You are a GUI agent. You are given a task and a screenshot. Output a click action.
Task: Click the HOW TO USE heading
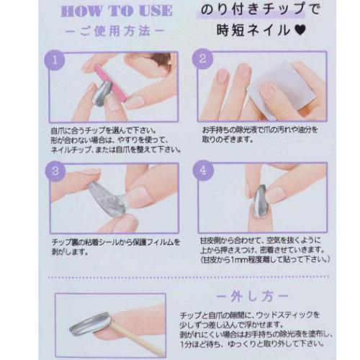pos(117,12)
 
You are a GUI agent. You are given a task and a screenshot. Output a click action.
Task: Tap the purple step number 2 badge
pos(203,60)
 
